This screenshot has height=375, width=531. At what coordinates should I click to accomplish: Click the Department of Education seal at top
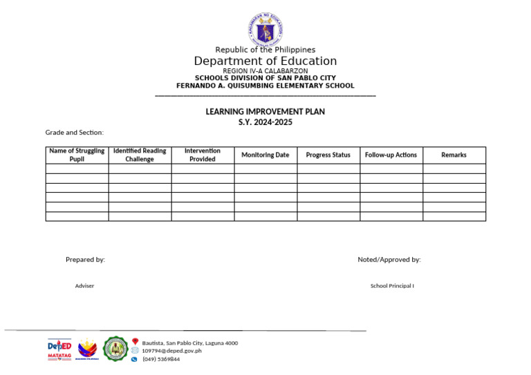coord(265,29)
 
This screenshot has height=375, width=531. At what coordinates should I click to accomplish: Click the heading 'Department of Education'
coord(265,61)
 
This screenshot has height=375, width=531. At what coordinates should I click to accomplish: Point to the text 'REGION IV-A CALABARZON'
coord(265,71)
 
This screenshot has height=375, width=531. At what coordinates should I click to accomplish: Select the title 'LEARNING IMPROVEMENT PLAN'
coord(265,112)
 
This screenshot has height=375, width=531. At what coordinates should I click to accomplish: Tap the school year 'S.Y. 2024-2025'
coord(265,122)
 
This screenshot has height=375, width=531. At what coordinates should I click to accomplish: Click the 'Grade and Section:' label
coord(75,133)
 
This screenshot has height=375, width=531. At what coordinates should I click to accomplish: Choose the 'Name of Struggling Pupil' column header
coord(77,155)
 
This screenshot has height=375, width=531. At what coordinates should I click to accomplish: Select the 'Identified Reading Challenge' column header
coord(140,155)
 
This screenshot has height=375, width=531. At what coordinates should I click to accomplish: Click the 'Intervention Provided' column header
coord(203,155)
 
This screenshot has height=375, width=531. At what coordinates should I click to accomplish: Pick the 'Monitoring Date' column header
coord(265,155)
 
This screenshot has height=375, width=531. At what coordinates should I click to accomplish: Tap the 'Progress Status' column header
coord(328,155)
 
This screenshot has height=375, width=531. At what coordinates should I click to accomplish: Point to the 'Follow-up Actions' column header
coord(391,155)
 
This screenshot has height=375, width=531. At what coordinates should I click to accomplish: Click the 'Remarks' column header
coord(454,155)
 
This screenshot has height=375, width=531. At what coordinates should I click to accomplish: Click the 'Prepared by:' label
coord(85,260)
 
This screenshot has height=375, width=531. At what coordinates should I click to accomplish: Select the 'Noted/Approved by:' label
coord(389,260)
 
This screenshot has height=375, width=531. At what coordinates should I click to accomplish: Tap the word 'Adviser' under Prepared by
coord(84,286)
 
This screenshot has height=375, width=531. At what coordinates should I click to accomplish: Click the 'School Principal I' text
coord(392,286)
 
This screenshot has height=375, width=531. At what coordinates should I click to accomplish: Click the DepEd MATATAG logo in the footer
coord(59,349)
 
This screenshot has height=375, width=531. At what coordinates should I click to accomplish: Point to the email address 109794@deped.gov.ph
coord(172,351)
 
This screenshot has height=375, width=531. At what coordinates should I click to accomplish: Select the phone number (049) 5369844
coord(161,359)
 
